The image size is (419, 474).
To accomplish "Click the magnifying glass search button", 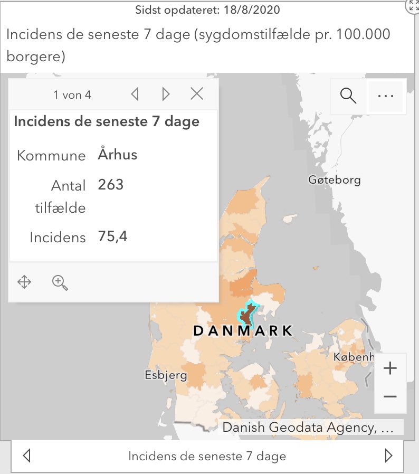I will [x=348, y=96].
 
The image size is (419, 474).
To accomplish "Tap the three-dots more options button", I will [x=386, y=96].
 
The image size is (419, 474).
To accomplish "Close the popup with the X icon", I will [x=197, y=94].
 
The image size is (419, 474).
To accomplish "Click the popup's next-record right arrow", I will [x=166, y=94].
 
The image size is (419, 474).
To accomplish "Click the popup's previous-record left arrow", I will [x=135, y=94].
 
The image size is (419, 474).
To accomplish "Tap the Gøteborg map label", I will [x=335, y=180].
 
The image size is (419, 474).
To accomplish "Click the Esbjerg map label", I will [x=166, y=375].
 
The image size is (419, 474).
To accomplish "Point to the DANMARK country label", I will [x=242, y=331].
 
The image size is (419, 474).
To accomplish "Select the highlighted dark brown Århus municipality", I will [x=246, y=316].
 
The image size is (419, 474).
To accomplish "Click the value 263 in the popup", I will [x=111, y=185].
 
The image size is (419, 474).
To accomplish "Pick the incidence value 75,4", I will [x=113, y=236].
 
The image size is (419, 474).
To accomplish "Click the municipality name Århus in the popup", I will [x=118, y=155].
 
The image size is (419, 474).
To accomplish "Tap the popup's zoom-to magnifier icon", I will [x=60, y=283].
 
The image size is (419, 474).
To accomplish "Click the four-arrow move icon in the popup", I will [x=24, y=282].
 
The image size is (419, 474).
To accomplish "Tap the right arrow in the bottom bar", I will [x=389, y=456].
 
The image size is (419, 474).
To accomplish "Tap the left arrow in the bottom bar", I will [x=27, y=456].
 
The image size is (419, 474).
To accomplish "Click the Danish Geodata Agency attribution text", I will [x=308, y=428].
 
